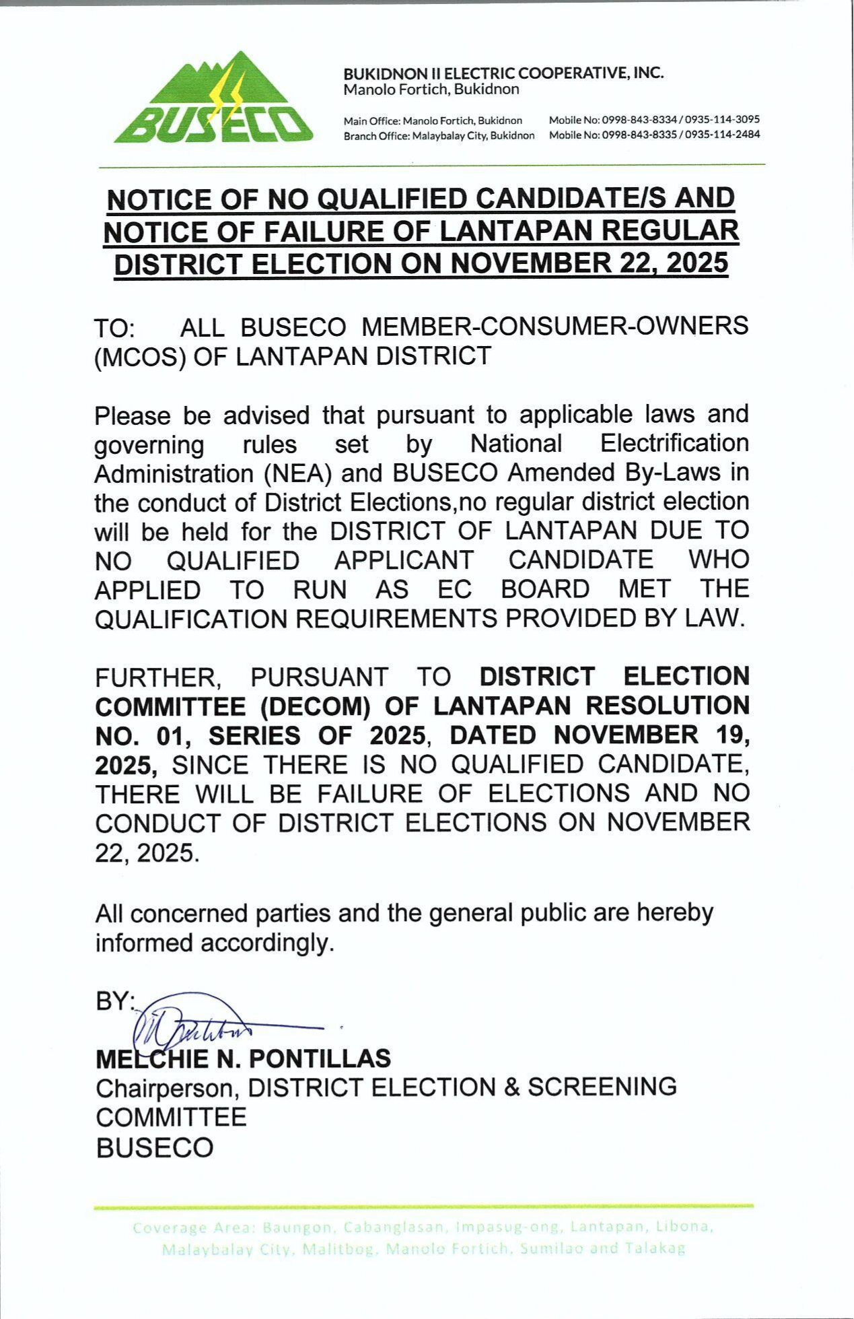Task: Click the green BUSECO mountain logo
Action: click(x=213, y=100)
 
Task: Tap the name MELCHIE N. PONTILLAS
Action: click(x=243, y=1058)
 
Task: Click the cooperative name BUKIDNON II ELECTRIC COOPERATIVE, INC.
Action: click(x=503, y=73)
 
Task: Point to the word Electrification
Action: click(x=674, y=444)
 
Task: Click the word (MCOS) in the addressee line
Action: click(x=139, y=356)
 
